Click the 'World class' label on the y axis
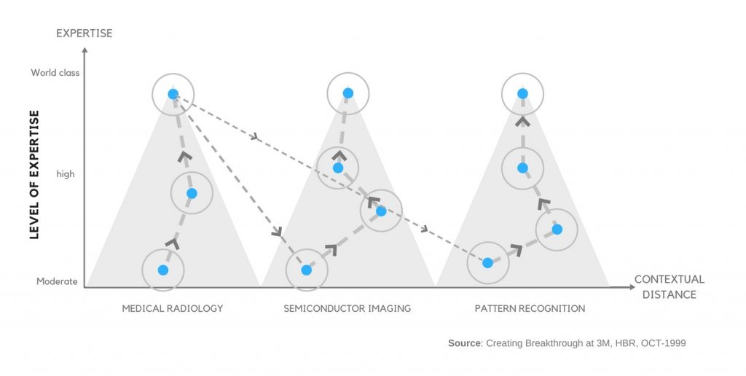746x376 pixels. coord(55,73)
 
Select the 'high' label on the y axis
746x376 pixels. coord(66,174)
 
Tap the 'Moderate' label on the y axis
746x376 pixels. coord(57,281)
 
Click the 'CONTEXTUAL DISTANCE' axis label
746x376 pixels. coord(669,287)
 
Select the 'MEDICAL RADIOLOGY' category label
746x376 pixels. coord(173,308)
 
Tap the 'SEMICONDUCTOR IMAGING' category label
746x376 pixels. coord(348,308)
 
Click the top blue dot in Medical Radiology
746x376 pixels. coord(173,93)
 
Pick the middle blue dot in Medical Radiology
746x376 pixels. coord(192,193)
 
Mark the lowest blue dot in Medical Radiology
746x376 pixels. coord(163,270)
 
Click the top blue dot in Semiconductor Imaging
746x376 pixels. coord(348,93)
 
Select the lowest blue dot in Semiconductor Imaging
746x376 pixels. coord(306,270)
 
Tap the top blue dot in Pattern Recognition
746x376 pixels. coord(522,93)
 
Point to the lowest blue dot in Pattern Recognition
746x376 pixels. coord(487,262)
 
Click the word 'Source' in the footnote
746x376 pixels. coord(464,343)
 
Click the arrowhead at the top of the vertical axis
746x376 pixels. coord(85,50)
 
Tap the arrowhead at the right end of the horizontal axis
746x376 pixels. coord(631,287)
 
